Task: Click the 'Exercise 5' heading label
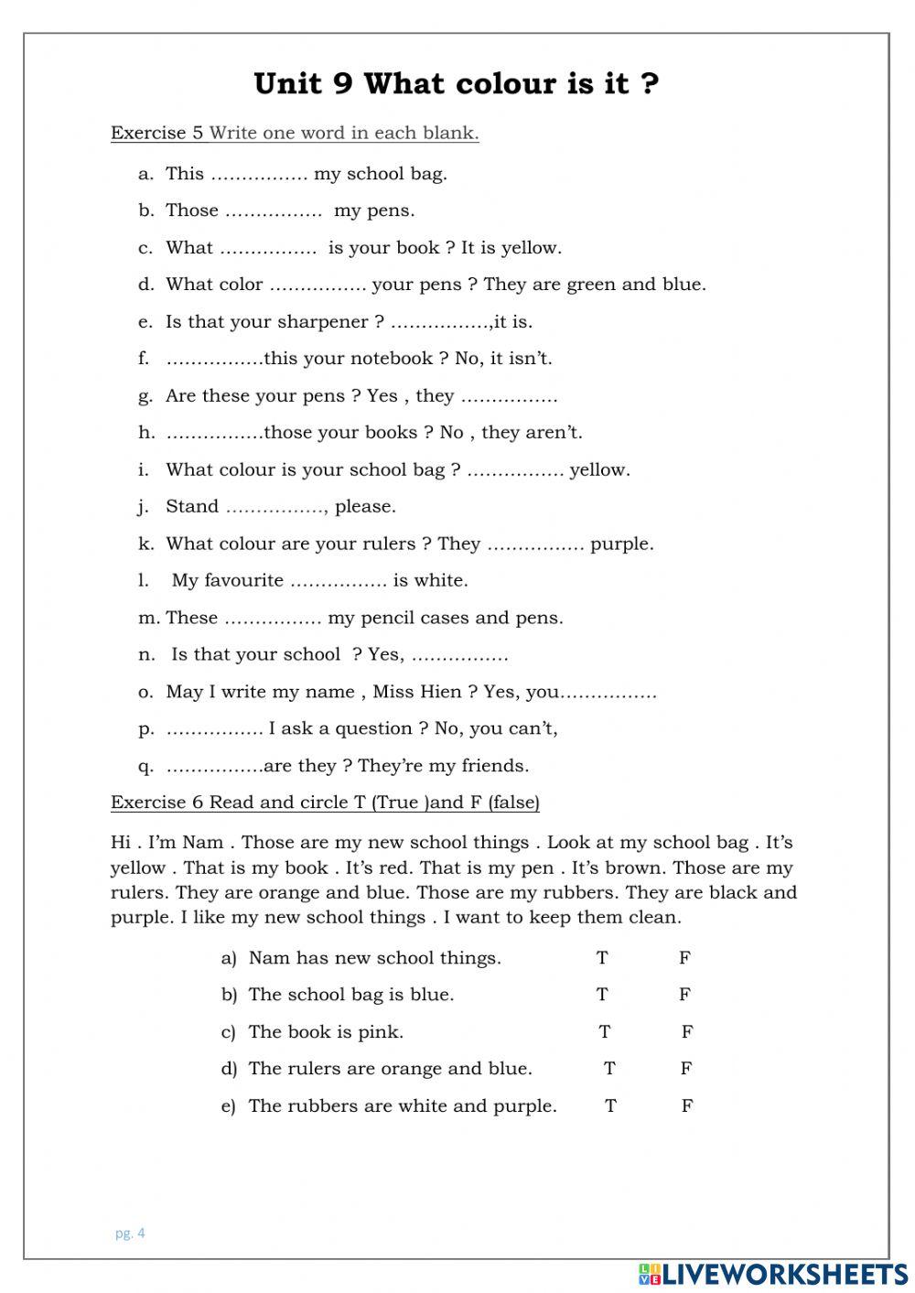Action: pos(156,133)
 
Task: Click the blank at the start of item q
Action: pos(214,767)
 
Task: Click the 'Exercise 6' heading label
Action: pos(156,803)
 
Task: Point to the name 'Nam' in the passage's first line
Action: pos(202,843)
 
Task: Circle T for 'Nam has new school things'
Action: pos(602,958)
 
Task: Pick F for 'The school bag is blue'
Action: pos(684,995)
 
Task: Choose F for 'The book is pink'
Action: pos(687,1032)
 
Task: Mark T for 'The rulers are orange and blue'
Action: pos(609,1069)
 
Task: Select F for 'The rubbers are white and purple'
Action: pos(687,1106)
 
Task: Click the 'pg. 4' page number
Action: pos(130,1234)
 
